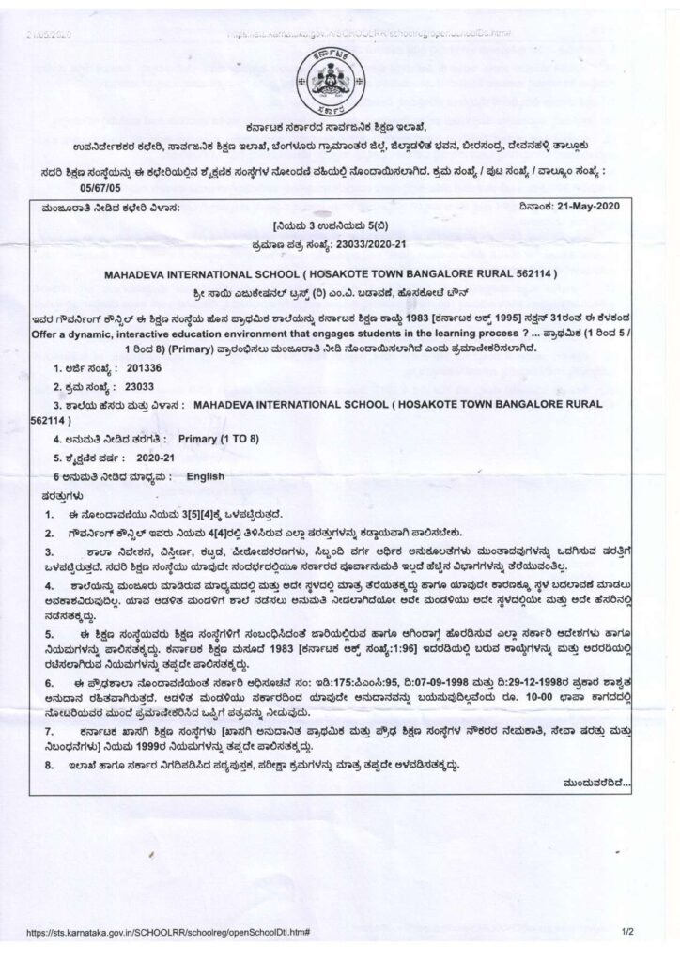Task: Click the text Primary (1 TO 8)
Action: point(219,438)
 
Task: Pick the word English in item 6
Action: point(206,476)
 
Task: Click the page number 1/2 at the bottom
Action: point(628,933)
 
